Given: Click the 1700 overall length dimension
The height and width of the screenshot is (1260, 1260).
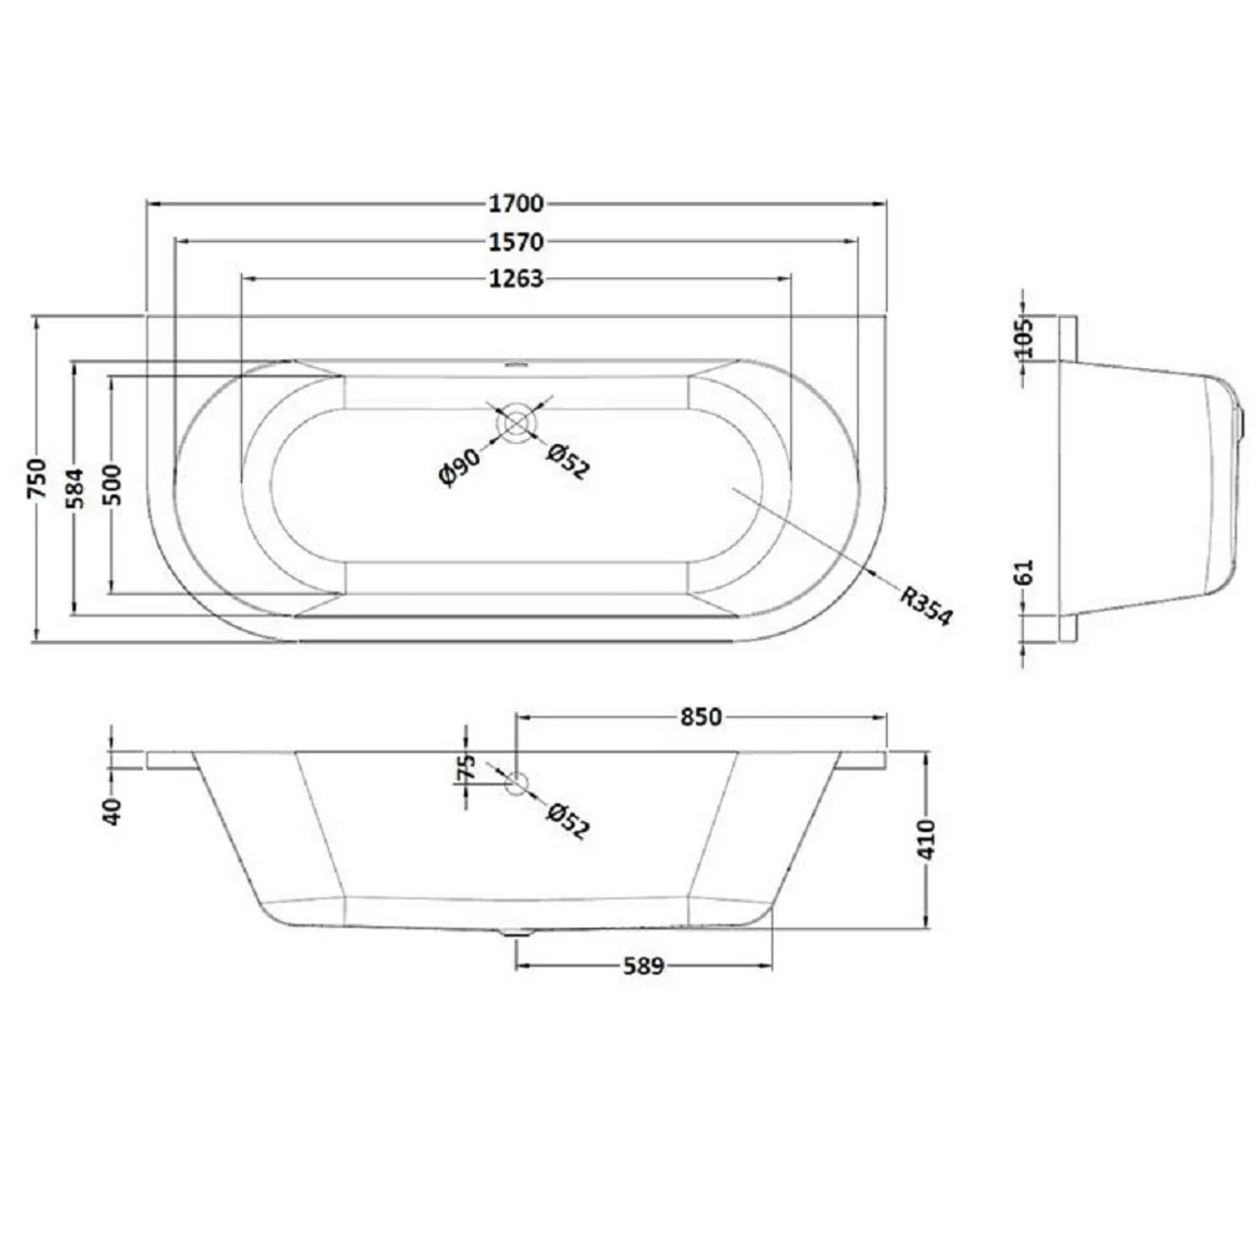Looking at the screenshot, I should coord(516,204).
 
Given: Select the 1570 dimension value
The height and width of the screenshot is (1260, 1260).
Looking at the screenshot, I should coord(516,242).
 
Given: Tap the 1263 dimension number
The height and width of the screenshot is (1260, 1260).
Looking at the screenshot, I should coord(516,280).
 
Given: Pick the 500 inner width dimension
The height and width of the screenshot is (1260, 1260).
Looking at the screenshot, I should coord(112,483).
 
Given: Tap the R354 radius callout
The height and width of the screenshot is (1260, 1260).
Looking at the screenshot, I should coord(924,604).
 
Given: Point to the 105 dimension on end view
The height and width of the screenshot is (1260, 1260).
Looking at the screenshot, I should coord(1024,338).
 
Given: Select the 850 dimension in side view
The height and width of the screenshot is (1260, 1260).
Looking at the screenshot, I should coord(701,717).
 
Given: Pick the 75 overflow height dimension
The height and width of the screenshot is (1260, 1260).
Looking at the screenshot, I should coord(467,768).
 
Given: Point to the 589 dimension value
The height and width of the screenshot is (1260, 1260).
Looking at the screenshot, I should coord(644,966).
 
